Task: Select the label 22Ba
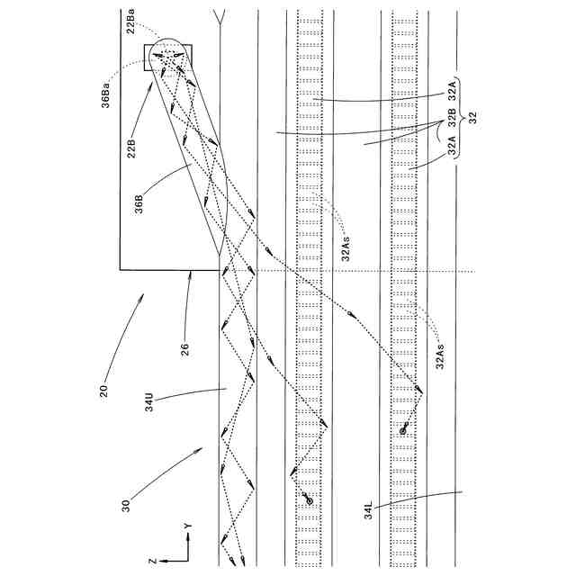pyautogui.click(x=131, y=24)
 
